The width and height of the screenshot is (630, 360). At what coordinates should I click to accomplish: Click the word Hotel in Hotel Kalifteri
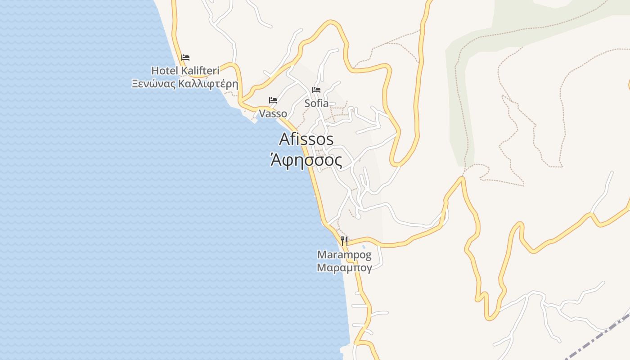[x=164, y=71]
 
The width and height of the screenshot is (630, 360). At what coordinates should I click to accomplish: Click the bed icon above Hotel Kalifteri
[x=185, y=58]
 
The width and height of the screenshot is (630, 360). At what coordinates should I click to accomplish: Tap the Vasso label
[x=273, y=114]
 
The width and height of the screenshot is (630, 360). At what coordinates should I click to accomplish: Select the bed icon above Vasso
[x=273, y=100]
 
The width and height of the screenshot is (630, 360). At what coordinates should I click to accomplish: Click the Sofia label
[x=316, y=103]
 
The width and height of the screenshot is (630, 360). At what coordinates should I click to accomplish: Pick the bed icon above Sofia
[x=316, y=90]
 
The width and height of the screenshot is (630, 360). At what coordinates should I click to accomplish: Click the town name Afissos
[x=306, y=139]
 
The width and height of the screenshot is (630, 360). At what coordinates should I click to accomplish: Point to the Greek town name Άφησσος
[x=306, y=160]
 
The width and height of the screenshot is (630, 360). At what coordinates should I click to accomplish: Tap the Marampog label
[x=344, y=255]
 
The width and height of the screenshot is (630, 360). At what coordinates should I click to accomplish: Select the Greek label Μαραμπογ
[x=344, y=268]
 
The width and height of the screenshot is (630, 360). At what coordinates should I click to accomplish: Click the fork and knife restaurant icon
[x=344, y=241]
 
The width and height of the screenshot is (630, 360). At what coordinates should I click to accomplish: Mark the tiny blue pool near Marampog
[x=364, y=247]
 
